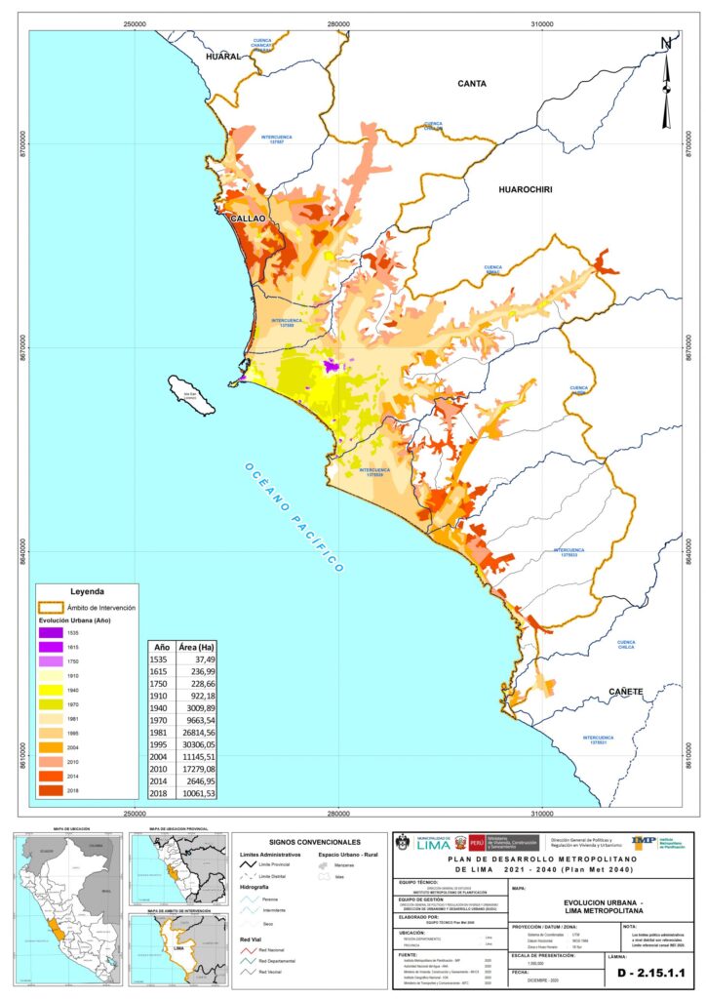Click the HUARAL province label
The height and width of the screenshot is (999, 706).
[x=222, y=59]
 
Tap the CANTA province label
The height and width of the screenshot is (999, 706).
[x=472, y=84]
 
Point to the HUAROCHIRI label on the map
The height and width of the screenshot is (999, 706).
[x=525, y=190]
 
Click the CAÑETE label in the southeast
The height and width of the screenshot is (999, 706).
[x=626, y=692]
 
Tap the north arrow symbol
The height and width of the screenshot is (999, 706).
[x=667, y=83]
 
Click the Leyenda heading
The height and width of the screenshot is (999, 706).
[x=88, y=591]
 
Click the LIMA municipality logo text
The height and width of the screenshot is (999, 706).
[x=435, y=846]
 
